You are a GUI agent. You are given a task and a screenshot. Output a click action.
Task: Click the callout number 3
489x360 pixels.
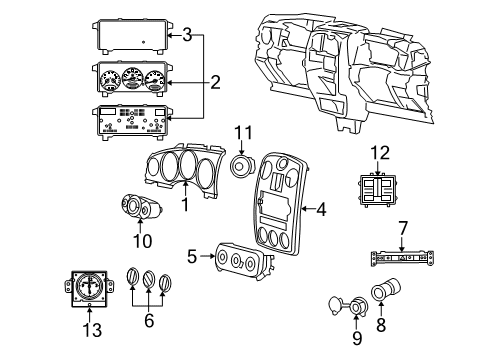[x=187, y=36]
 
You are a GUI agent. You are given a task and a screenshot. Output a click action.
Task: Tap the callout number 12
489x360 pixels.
[x=381, y=153]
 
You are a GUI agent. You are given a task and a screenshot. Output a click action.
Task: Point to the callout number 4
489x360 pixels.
[x=321, y=209]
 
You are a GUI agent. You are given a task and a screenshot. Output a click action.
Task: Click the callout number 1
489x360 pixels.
[x=184, y=205]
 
